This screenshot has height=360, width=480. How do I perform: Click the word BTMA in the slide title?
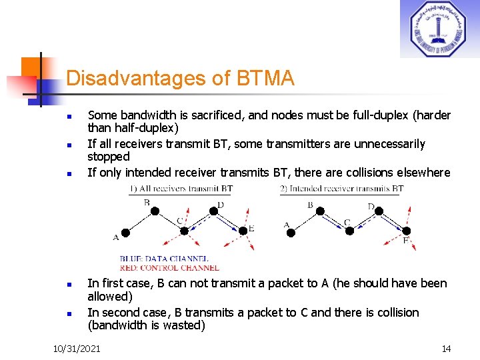point(265,79)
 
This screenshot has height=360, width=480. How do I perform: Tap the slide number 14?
point(446,349)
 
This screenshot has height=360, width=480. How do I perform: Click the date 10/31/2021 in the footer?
point(77,349)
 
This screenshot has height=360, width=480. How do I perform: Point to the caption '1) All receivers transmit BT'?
point(181,189)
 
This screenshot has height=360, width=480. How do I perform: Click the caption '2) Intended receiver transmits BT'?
point(342,189)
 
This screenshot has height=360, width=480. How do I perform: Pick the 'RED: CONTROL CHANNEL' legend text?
point(169,267)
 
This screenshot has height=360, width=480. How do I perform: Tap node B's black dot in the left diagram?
point(154,211)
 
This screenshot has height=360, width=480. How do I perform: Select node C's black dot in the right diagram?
point(348,231)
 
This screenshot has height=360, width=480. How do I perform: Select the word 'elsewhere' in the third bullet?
point(425,173)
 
